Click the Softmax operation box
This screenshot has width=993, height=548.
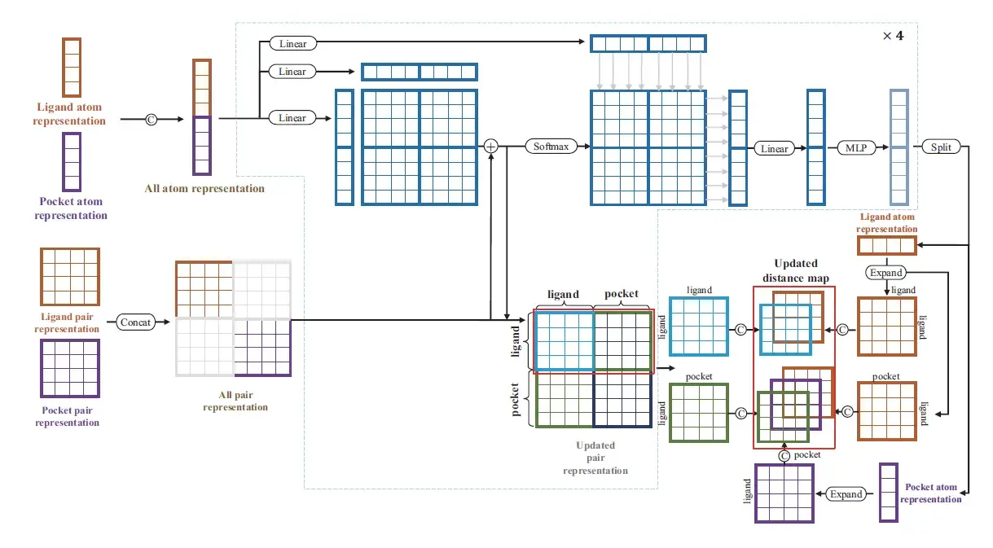click(551, 147)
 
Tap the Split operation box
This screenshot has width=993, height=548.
click(941, 147)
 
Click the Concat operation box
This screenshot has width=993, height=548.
click(135, 322)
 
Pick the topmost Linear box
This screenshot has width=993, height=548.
click(292, 43)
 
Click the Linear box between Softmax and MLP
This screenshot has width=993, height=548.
click(775, 149)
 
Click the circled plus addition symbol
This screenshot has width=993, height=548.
click(490, 147)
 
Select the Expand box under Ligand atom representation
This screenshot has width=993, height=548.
click(886, 273)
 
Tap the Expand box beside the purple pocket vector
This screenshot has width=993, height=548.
click(846, 494)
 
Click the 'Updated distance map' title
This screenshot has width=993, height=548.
click(794, 270)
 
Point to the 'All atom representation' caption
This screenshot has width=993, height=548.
click(204, 188)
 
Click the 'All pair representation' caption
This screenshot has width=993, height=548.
click(235, 401)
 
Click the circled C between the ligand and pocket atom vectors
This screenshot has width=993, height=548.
click(151, 119)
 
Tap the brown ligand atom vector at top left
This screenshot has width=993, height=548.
click(72, 68)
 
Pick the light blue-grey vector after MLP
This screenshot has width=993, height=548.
click(899, 147)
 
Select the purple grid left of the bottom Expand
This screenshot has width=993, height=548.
click(784, 493)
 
